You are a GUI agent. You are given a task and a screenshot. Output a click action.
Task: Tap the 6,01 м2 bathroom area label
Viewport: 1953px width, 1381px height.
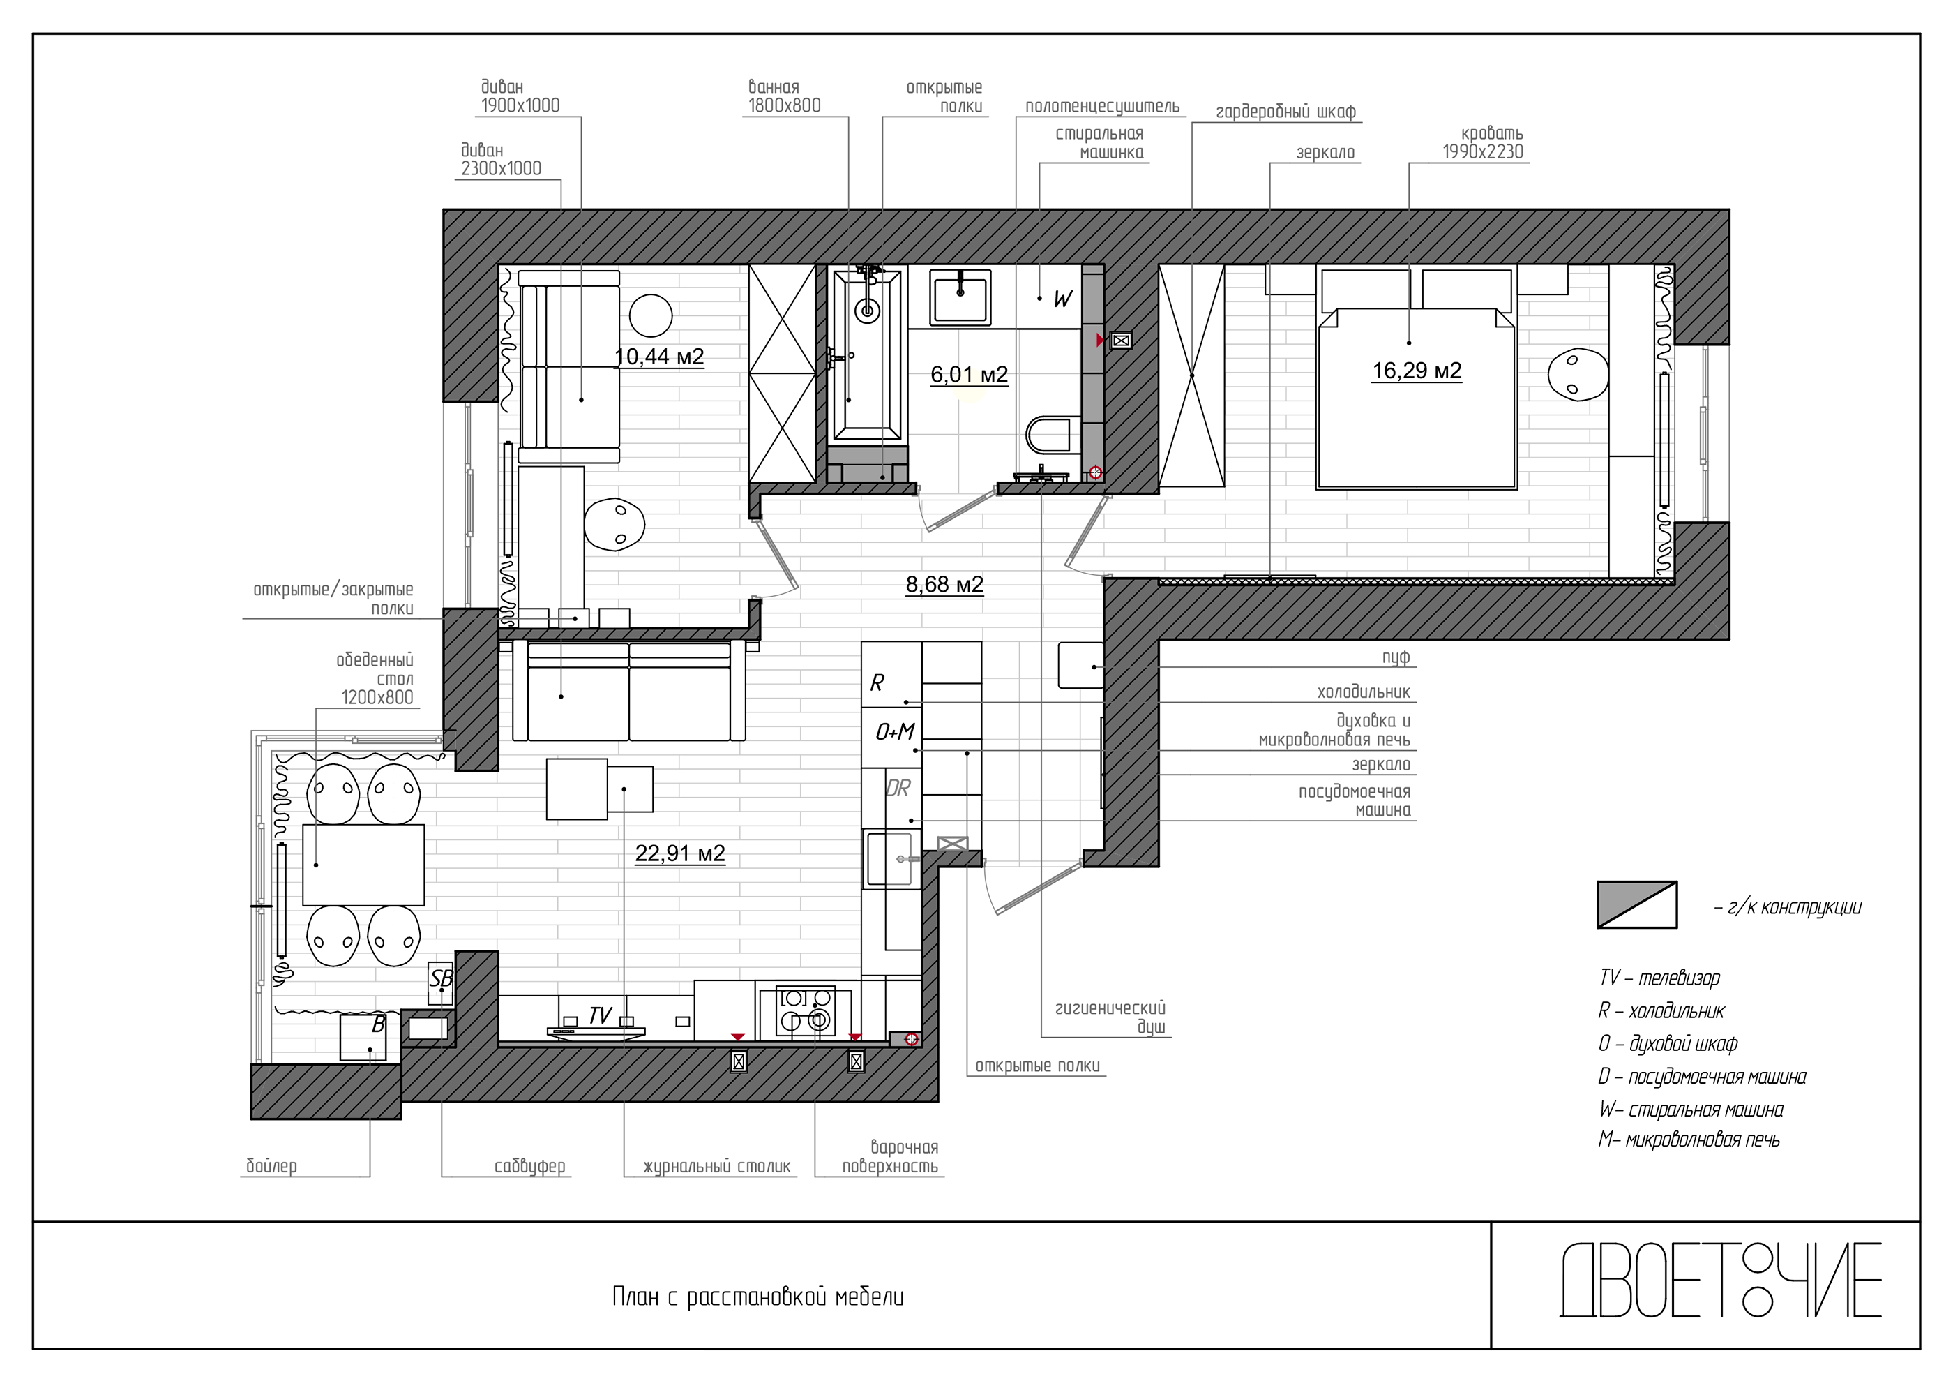(969, 375)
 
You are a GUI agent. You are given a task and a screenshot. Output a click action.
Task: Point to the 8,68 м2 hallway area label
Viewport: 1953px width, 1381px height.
(944, 585)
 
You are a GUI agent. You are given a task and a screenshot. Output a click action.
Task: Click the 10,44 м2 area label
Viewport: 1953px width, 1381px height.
(659, 357)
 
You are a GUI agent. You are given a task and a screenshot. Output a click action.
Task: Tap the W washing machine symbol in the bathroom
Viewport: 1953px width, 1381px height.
(1062, 299)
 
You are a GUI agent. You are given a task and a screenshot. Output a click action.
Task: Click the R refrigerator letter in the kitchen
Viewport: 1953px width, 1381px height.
(877, 682)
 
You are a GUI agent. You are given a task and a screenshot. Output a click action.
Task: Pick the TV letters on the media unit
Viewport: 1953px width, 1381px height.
(600, 1015)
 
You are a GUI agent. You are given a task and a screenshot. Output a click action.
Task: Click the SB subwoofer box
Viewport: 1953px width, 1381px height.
(441, 983)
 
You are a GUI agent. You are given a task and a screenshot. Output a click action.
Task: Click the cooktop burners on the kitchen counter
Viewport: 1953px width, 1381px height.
(805, 1012)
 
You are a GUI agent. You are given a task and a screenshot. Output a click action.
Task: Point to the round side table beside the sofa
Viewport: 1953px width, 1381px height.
(651, 315)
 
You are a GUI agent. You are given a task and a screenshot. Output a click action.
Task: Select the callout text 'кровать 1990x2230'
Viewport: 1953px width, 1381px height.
(1484, 143)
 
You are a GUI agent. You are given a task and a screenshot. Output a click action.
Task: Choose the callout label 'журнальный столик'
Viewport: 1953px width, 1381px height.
(717, 1167)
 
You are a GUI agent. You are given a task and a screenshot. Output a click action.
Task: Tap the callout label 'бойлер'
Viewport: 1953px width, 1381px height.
(271, 1166)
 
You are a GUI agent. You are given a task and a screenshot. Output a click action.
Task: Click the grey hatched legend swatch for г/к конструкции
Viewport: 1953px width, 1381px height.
(1636, 904)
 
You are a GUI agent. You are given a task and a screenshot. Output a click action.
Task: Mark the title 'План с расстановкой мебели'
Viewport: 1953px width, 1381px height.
(758, 1297)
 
